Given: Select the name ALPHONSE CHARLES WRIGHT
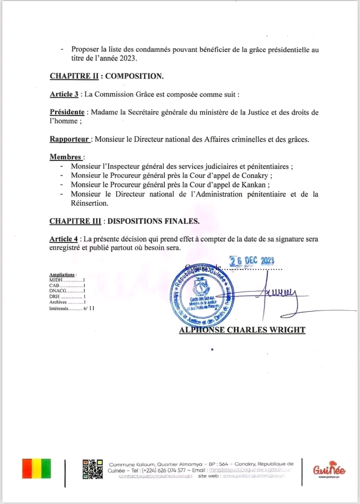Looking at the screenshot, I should click(242, 330).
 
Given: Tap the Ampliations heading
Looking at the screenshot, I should click(62, 275).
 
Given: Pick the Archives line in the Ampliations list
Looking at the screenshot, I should click(67, 302).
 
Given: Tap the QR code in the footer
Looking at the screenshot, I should click(92, 469).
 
